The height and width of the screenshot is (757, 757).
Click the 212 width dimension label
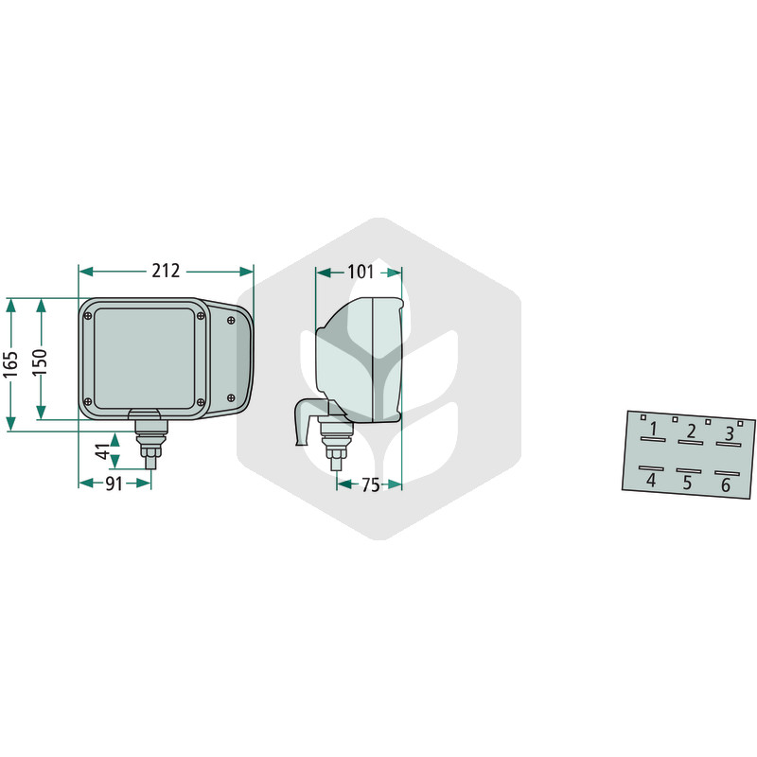coord(166,271)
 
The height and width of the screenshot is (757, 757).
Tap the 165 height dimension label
coord(10,364)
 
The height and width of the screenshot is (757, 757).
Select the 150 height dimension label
coord(41,362)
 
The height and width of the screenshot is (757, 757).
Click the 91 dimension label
coord(114,484)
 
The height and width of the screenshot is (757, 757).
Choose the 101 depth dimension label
coord(361,272)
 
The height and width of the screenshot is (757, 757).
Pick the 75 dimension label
coord(371,484)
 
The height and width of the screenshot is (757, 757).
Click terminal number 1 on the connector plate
coord(653,429)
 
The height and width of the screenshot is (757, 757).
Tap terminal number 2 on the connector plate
coord(692,431)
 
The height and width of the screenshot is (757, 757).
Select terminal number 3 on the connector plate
coord(730,433)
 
